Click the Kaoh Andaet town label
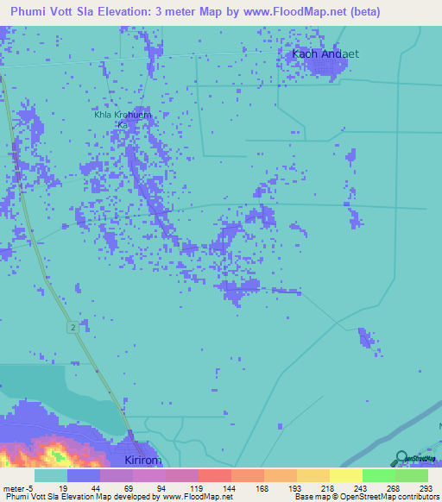pos(325,53)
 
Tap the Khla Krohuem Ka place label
pos(122,118)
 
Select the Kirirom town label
pos(140,461)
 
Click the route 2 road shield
pos(73,325)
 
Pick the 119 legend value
pos(198,487)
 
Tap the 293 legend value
pos(427,487)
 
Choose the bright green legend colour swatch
pos(378,475)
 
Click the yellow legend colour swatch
pos(345,475)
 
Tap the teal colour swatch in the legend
pos(50,475)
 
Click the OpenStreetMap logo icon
pos(401,458)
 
